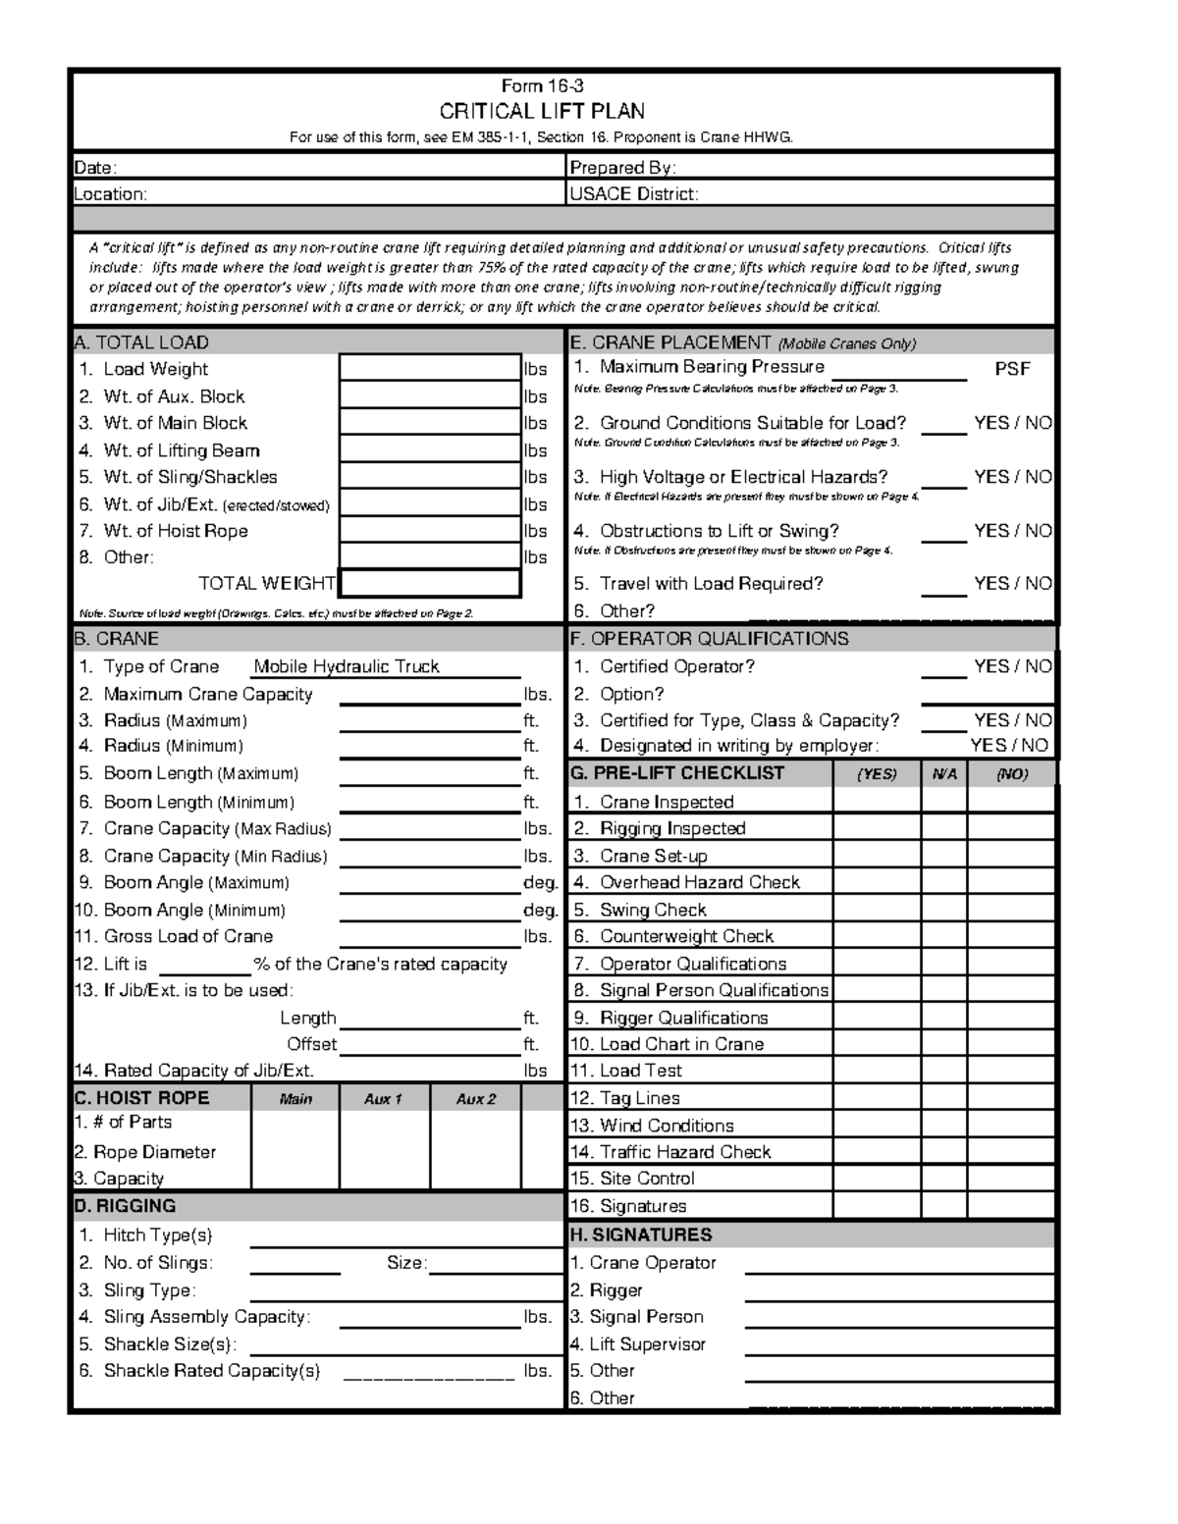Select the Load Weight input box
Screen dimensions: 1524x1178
click(x=429, y=369)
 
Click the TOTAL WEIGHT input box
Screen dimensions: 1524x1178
click(x=429, y=584)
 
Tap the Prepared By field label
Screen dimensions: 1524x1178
click(x=622, y=168)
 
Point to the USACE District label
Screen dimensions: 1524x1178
click(x=634, y=194)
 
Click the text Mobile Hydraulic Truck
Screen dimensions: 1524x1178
click(x=346, y=667)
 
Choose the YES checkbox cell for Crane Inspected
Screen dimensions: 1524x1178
click(x=877, y=802)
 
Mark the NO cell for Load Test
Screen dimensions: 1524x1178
click(x=1010, y=1072)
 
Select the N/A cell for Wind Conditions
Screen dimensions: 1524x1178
click(x=943, y=1126)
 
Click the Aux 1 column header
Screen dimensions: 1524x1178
click(x=384, y=1099)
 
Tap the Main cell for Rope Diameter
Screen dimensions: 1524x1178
click(x=295, y=1152)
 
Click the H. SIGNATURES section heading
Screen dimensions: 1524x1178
click(x=641, y=1235)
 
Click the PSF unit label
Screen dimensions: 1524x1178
click(x=1012, y=369)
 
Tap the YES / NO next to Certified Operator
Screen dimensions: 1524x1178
click(x=1012, y=667)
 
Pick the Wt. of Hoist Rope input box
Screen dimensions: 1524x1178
click(x=429, y=531)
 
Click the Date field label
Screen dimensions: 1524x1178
click(x=96, y=168)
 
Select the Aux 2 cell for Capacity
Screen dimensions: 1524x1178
click(x=475, y=1179)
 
